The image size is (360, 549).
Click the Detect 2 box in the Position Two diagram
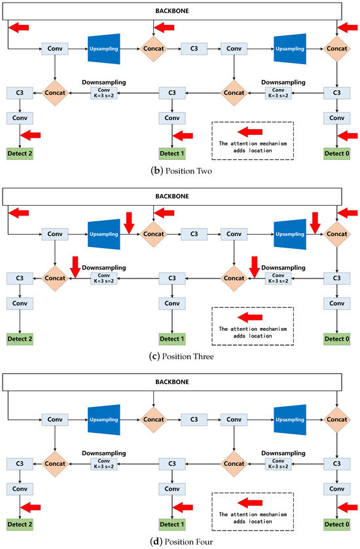(x=20, y=154)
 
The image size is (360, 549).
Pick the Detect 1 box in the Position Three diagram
(x=172, y=339)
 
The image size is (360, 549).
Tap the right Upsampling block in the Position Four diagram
(x=290, y=419)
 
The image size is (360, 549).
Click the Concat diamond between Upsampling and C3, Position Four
(x=154, y=419)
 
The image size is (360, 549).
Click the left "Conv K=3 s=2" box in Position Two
(x=103, y=94)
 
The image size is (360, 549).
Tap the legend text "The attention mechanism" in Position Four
(x=252, y=513)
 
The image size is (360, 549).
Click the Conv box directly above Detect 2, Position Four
(x=20, y=488)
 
